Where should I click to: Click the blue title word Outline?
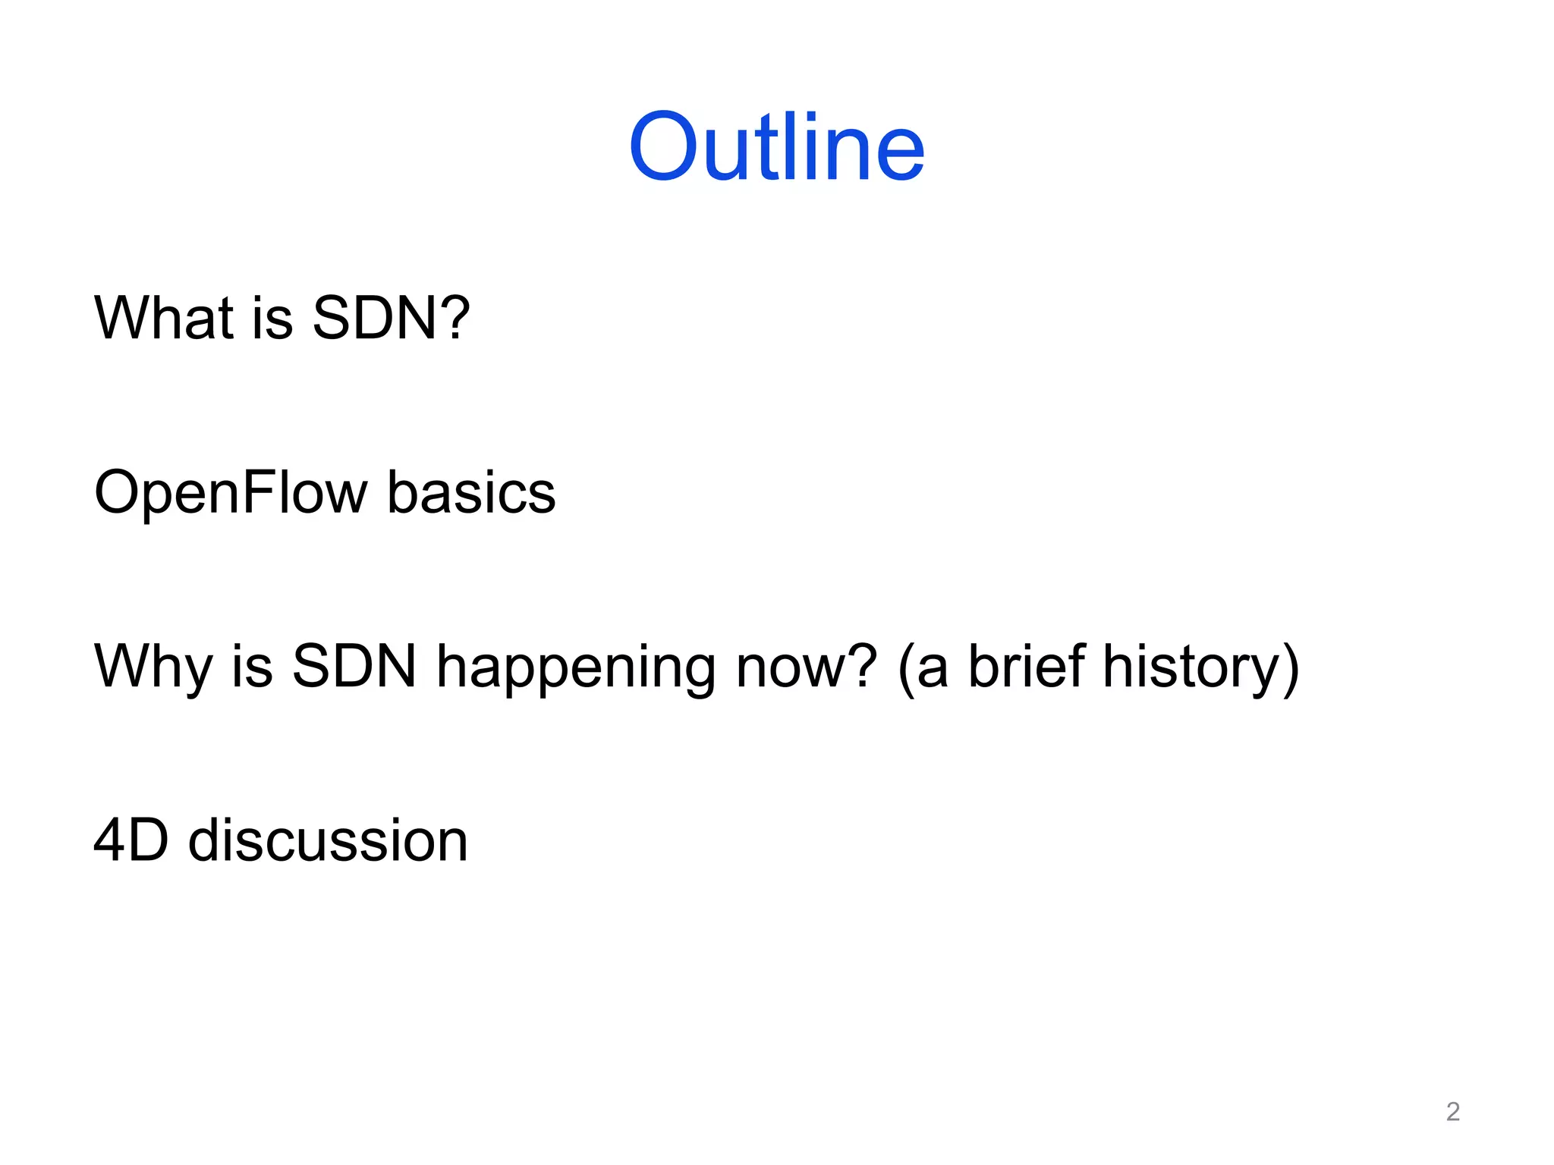776,147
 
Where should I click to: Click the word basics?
471,493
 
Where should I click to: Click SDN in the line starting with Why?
354,666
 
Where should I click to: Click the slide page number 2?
1452,1111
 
